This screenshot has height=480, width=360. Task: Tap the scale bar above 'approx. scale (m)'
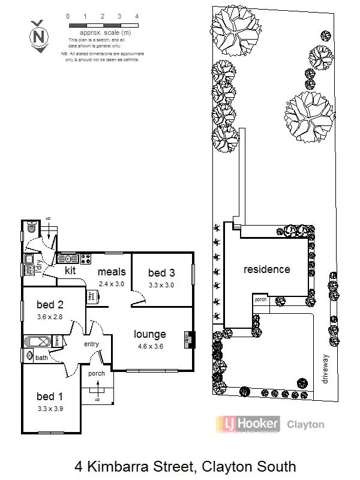tap(103, 25)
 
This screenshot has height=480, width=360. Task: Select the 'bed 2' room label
tap(49, 304)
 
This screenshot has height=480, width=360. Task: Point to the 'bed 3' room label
tap(161, 274)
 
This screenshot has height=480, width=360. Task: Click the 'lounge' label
tap(149, 334)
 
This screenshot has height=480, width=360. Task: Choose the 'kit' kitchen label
tap(70, 271)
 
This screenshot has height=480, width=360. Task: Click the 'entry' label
tap(91, 343)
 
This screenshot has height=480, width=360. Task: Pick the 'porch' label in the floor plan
tap(96, 373)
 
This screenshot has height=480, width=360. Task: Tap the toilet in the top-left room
tap(31, 227)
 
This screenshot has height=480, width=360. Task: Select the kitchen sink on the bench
tap(67, 259)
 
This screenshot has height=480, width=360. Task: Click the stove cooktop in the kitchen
tap(85, 259)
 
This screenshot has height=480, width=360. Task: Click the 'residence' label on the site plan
tap(266, 269)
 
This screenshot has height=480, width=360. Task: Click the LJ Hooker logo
tap(247, 424)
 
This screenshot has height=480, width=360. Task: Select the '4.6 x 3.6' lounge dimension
tap(149, 346)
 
